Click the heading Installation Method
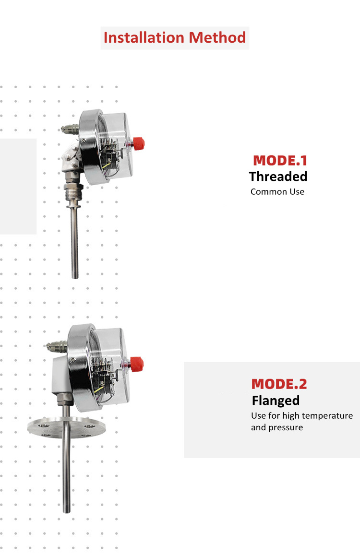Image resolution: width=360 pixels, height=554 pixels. (175, 37)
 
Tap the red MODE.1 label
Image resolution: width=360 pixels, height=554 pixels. (280, 160)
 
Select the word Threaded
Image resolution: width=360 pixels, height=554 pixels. (278, 177)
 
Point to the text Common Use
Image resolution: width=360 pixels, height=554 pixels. (277, 192)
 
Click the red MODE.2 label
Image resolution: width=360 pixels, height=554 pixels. (279, 384)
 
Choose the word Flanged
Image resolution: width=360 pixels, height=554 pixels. (276, 401)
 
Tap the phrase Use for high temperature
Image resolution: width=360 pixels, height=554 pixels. (301, 415)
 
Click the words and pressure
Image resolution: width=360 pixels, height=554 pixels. (277, 427)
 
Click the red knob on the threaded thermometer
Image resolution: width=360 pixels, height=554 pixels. (139, 142)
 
